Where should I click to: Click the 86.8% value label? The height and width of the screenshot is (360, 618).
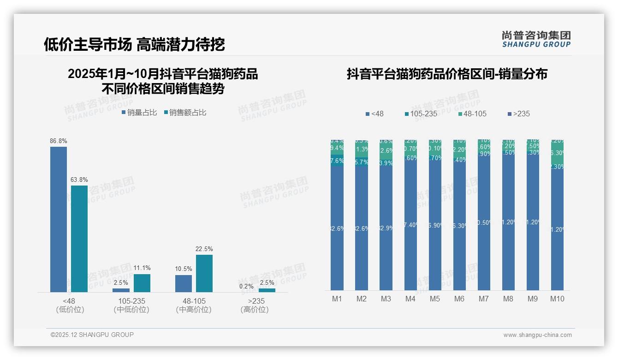click(58, 141)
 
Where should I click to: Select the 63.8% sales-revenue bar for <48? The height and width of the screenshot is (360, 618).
click(79, 238)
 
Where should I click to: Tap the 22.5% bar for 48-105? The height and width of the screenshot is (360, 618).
click(204, 273)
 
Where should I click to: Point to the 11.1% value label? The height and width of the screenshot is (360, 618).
click(142, 268)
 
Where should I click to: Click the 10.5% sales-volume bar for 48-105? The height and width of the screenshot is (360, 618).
click(184, 283)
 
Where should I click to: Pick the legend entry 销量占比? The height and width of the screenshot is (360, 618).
click(139, 112)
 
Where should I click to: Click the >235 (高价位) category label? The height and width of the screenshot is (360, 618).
click(254, 305)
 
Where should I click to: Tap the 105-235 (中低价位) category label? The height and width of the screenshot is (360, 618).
click(131, 305)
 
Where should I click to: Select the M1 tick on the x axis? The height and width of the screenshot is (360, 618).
click(337, 299)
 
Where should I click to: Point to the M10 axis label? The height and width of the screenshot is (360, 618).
click(557, 299)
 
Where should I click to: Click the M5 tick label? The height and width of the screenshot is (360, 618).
click(435, 299)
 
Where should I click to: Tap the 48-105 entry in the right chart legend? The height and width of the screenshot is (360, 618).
click(473, 114)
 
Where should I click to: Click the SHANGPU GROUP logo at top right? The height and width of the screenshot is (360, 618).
click(536, 39)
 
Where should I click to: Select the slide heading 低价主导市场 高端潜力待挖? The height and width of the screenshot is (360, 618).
click(134, 44)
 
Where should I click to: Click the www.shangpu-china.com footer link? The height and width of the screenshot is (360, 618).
click(537, 335)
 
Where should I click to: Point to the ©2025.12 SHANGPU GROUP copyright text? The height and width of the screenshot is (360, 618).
click(92, 335)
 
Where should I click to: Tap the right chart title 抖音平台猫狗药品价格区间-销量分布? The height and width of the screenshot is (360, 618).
click(447, 74)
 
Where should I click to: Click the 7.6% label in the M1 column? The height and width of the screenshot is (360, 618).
click(337, 161)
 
